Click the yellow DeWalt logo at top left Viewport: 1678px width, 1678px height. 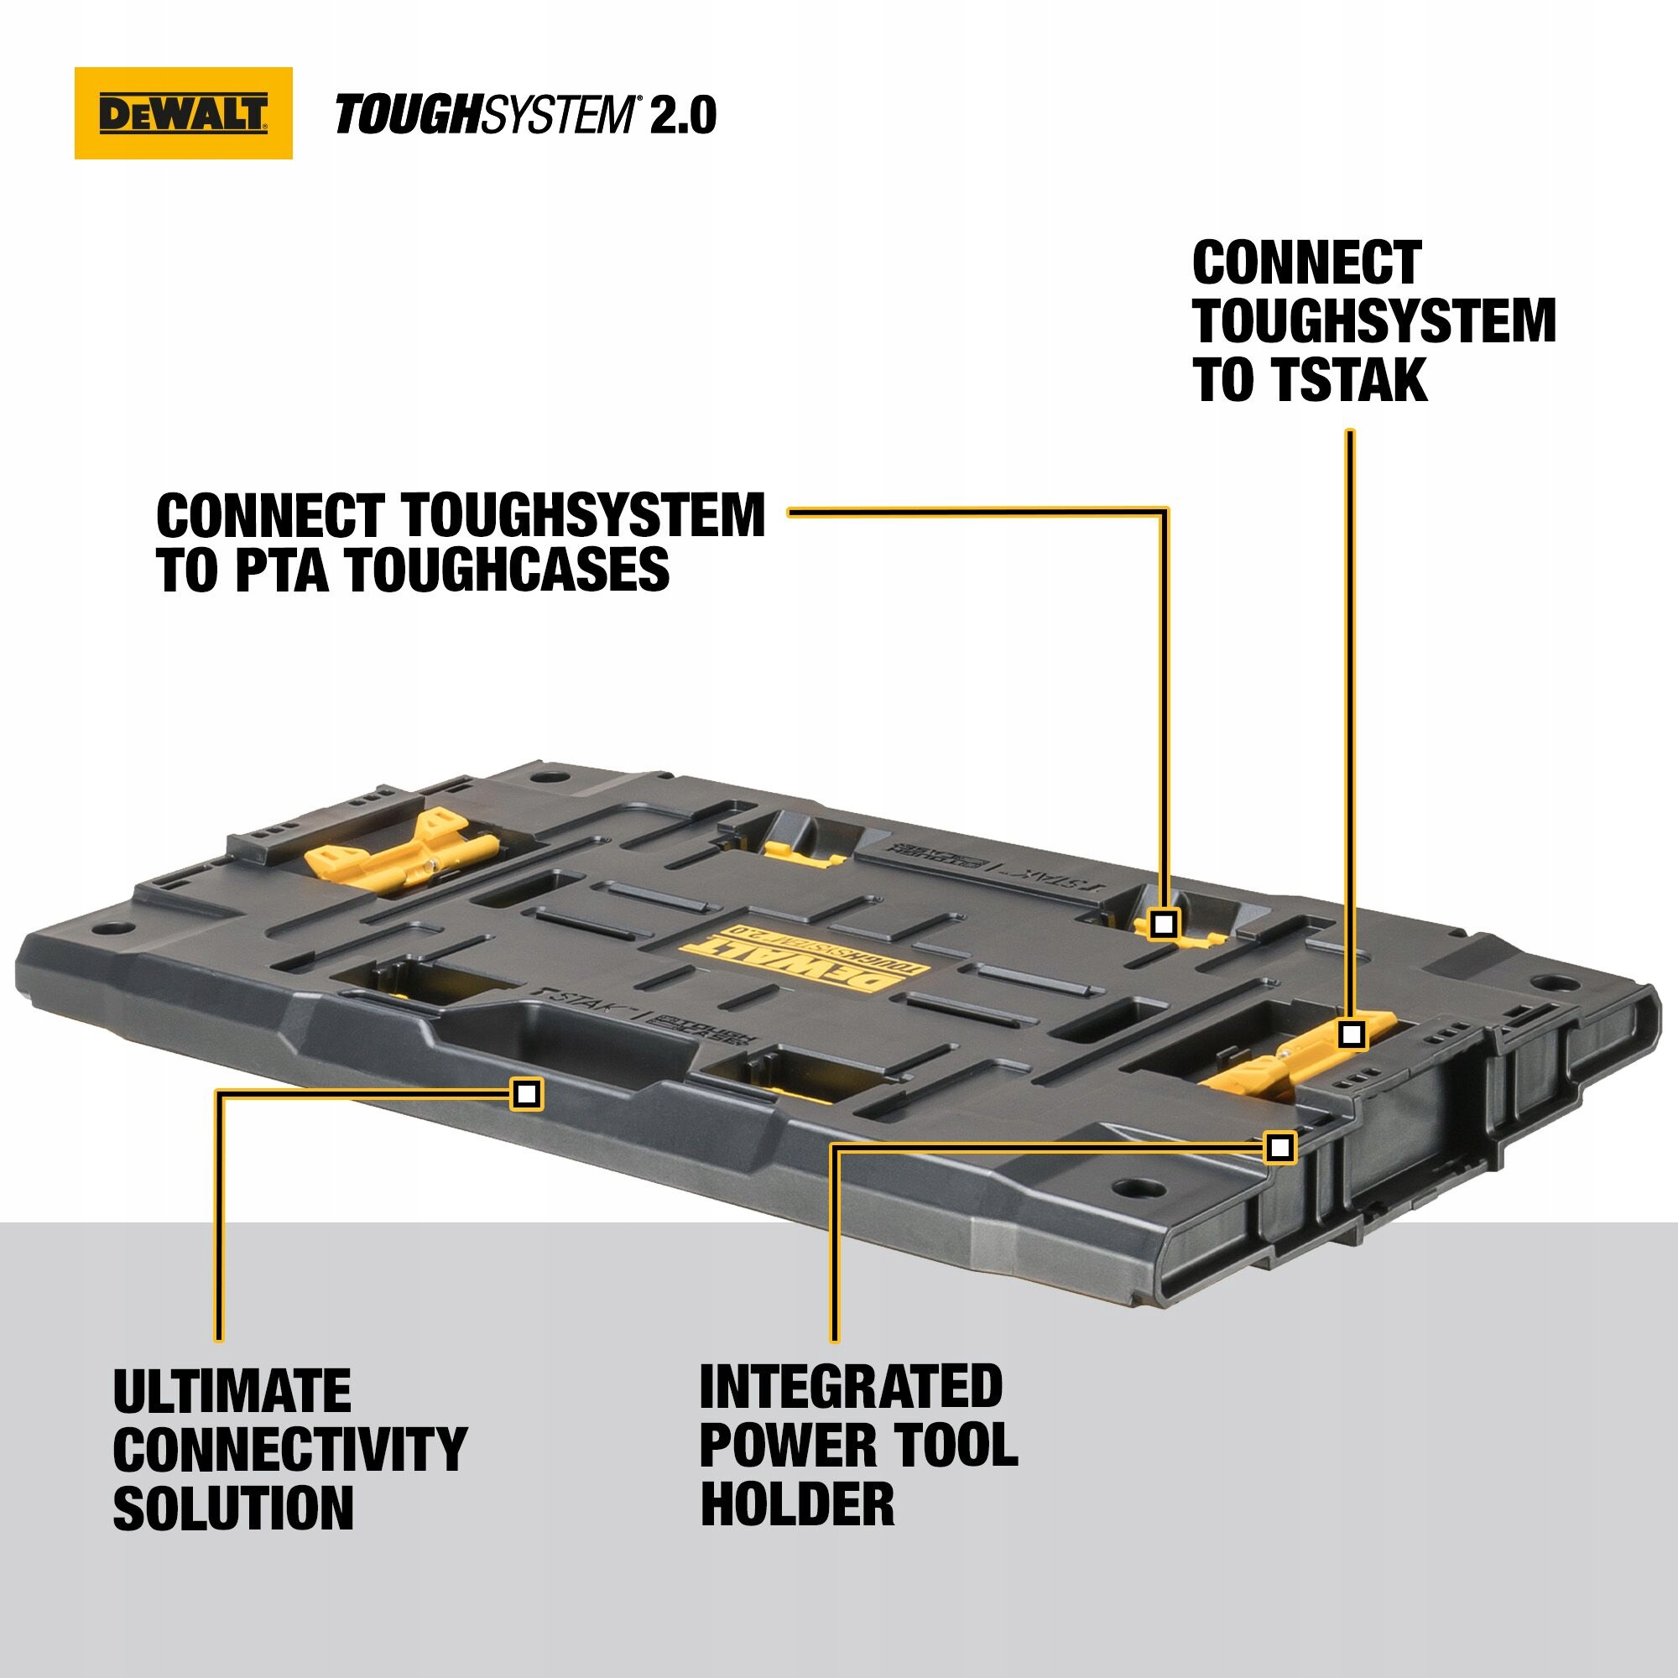coord(183,113)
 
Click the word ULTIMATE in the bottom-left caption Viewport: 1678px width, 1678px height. coord(232,1392)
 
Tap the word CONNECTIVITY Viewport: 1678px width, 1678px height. coord(290,1450)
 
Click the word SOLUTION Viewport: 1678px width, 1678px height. coord(232,1508)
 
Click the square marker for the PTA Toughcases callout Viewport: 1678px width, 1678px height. coord(1163,924)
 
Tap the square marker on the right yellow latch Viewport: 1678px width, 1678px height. coord(1351,1034)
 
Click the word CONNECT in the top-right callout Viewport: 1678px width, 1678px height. coord(1306,263)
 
